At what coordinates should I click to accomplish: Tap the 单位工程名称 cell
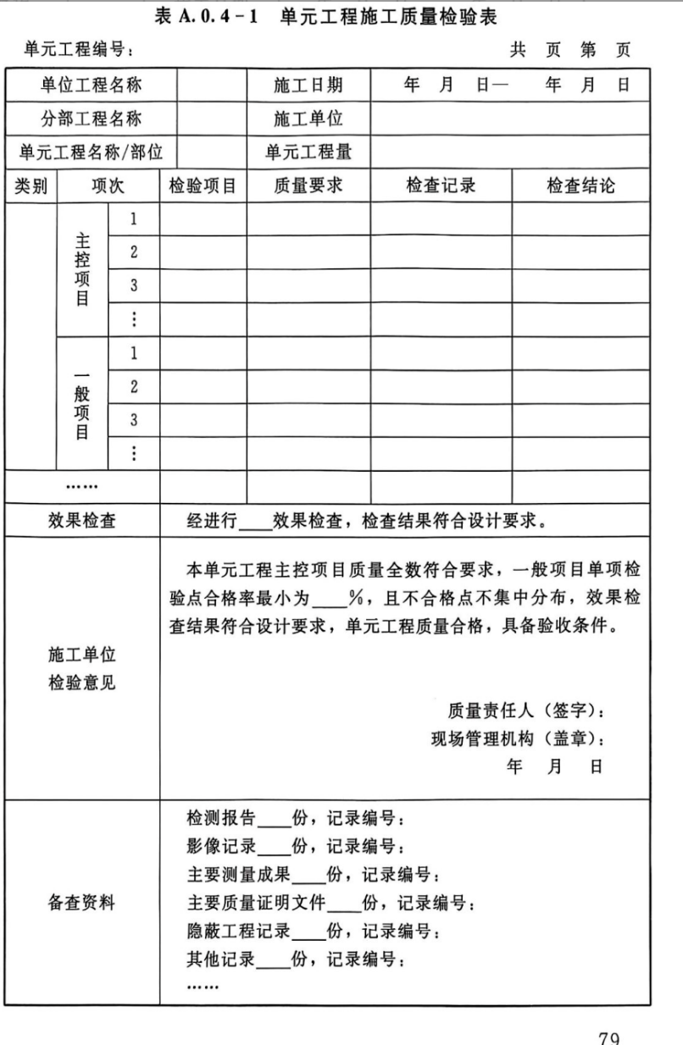point(92,85)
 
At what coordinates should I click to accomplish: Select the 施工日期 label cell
point(308,85)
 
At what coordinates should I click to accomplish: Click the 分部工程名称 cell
point(92,119)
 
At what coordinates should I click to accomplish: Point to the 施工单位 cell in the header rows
point(308,119)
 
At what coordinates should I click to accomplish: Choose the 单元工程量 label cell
point(308,152)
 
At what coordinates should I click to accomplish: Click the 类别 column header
point(31,186)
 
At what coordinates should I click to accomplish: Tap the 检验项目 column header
point(203,186)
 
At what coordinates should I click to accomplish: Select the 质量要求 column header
point(308,186)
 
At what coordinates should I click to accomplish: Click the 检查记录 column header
point(441,186)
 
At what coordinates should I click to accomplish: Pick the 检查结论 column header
point(580,186)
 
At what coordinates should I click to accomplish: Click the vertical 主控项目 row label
point(82,268)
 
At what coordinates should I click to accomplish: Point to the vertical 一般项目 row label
point(82,404)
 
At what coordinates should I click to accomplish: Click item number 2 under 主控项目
point(134,252)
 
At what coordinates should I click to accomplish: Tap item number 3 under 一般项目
point(134,420)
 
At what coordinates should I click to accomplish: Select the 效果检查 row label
point(82,521)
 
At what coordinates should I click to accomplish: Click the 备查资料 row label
point(82,903)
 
